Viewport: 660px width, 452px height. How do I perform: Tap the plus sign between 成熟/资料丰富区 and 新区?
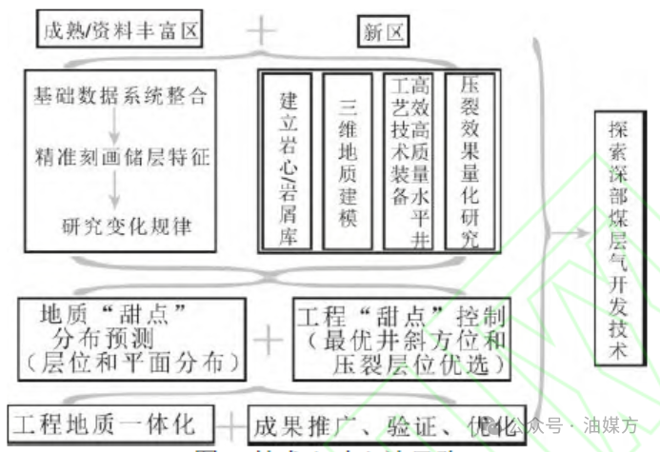click(x=260, y=30)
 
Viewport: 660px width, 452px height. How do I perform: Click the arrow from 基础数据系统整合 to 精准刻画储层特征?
click(x=114, y=126)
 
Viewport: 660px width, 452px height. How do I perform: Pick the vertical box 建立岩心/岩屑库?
click(x=288, y=161)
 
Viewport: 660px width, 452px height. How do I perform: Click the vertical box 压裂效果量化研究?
click(x=469, y=161)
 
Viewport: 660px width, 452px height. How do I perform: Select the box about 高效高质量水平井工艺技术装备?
click(x=409, y=161)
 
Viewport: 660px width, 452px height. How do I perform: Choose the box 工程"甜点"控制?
click(x=400, y=339)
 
